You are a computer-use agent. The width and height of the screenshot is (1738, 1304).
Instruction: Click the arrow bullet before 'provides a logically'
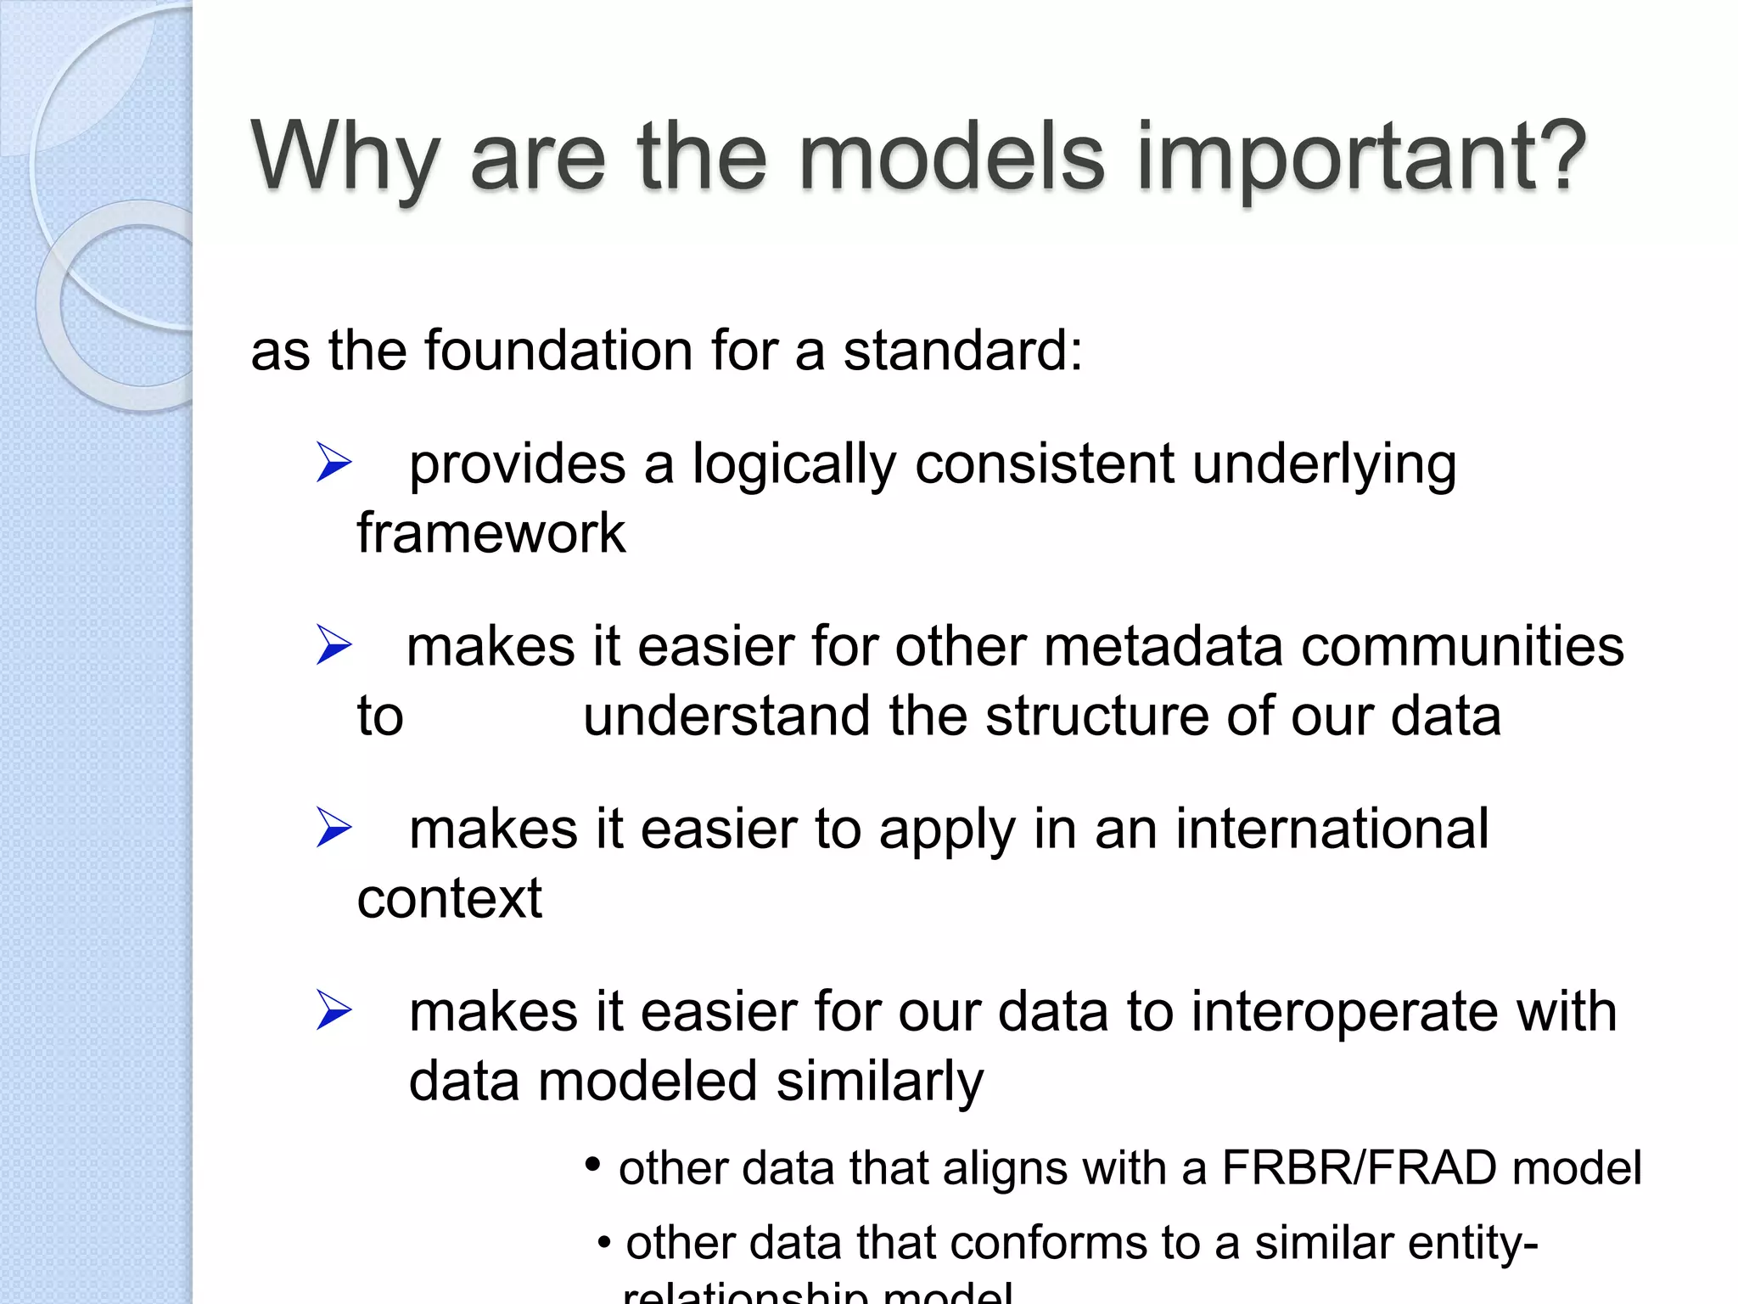click(x=334, y=463)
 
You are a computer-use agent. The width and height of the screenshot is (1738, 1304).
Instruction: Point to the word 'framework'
click(x=491, y=534)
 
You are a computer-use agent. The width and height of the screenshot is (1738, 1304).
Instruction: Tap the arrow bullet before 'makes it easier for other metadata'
click(x=334, y=644)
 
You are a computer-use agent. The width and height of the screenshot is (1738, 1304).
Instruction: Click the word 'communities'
click(x=1462, y=646)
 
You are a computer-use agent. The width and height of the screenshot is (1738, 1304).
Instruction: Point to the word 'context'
click(x=449, y=899)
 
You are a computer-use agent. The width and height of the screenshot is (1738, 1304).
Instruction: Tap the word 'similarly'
click(x=879, y=1082)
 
